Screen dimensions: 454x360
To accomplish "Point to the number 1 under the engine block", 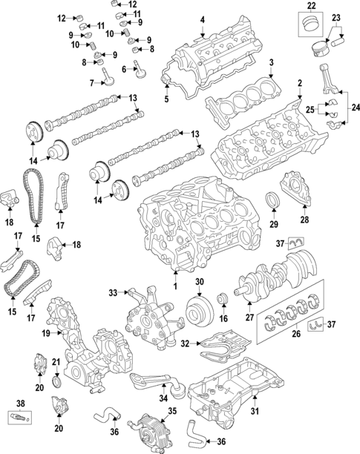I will pyautogui.click(x=176, y=286).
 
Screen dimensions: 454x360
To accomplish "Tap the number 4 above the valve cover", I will pyautogui.click(x=202, y=19).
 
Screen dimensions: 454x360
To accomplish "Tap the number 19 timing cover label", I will pyautogui.click(x=46, y=334).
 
